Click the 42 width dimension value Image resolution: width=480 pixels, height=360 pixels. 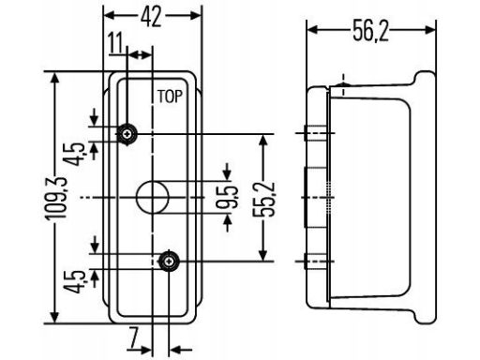point(151,17)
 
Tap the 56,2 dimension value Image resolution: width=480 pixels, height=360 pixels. point(371,31)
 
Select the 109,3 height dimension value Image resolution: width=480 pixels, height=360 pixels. point(56,198)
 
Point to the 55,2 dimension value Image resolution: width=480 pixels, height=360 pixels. point(264,199)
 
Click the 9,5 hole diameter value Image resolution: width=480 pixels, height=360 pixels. point(228,198)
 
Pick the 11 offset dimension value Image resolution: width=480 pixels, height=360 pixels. point(115,44)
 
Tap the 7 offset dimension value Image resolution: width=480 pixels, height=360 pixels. point(134,337)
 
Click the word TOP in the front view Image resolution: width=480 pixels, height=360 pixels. point(170,97)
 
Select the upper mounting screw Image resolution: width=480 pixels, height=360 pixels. point(127,134)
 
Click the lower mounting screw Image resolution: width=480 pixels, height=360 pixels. point(169,262)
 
